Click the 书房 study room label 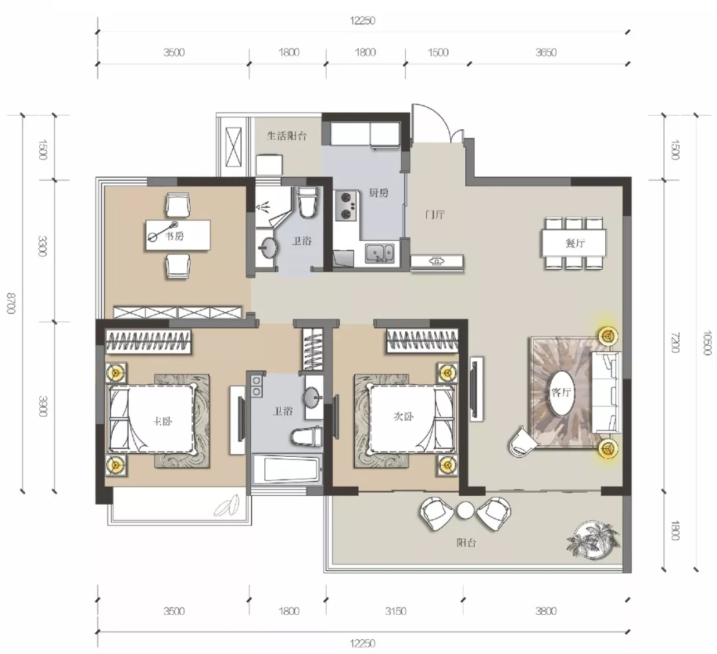pyautogui.click(x=174, y=236)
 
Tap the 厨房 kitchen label pyautogui.click(x=378, y=193)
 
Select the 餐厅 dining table pyautogui.click(x=574, y=243)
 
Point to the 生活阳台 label pyautogui.click(x=287, y=136)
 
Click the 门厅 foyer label pyautogui.click(x=435, y=214)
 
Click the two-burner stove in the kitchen pyautogui.click(x=346, y=205)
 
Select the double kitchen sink pyautogui.click(x=379, y=254)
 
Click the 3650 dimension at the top pyautogui.click(x=546, y=52)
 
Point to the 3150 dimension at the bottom pyautogui.click(x=396, y=611)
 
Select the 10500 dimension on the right pyautogui.click(x=707, y=343)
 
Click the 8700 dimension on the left pyautogui.click(x=11, y=303)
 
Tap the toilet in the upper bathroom pyautogui.click(x=306, y=201)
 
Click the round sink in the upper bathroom pyautogui.click(x=268, y=248)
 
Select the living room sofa pyautogui.click(x=606, y=392)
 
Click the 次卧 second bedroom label pyautogui.click(x=404, y=416)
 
